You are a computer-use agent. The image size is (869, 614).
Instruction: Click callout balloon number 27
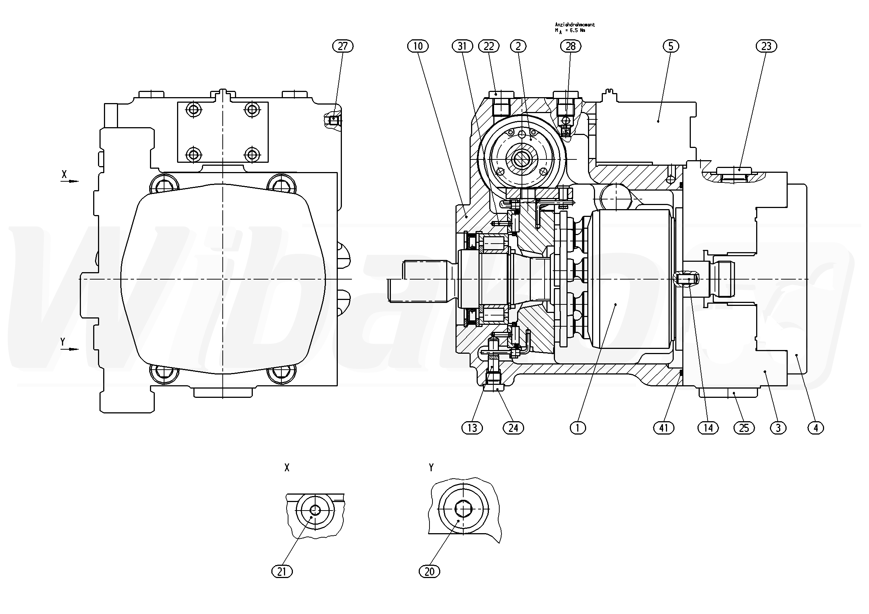[x=343, y=46]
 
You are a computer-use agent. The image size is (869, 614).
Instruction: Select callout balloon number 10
[x=418, y=46]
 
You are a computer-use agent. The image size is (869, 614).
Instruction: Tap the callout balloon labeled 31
[x=463, y=46]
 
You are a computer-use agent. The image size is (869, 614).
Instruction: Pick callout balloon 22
[x=489, y=46]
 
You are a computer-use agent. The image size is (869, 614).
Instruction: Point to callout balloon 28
[x=571, y=46]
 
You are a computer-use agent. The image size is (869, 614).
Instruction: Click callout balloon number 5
[x=671, y=46]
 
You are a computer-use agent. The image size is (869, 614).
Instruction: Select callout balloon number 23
[x=767, y=46]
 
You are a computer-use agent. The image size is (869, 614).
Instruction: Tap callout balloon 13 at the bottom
[x=472, y=428]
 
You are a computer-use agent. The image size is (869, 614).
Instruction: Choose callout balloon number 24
[x=513, y=428]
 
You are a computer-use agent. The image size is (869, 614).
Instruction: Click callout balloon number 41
[x=664, y=428]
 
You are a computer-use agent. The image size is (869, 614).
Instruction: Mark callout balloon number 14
[x=708, y=428]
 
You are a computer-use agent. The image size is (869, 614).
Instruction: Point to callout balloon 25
[x=744, y=428]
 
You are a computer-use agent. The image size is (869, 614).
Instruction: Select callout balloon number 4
[x=816, y=428]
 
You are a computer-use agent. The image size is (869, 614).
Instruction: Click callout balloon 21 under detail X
[x=282, y=571]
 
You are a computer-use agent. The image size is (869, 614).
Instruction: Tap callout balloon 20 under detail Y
[x=429, y=571]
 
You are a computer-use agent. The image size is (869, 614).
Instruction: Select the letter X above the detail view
[x=287, y=468]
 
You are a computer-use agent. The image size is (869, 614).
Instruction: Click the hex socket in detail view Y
[x=463, y=509]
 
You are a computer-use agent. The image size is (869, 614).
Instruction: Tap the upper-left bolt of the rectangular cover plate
[x=194, y=110]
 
